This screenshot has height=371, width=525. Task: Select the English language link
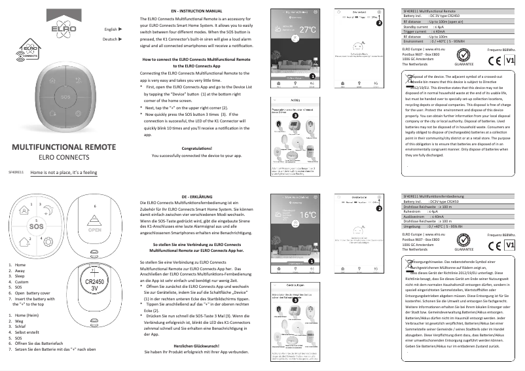112,29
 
